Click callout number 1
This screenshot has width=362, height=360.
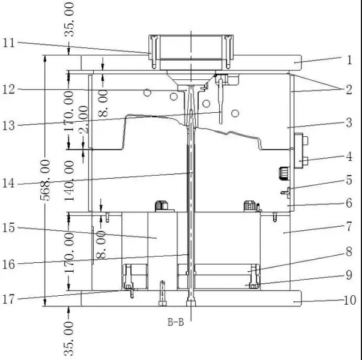coord(349,60)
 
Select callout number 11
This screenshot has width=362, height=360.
coord(9,43)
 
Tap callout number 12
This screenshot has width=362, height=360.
coord(9,90)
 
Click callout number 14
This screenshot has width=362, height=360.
coord(9,183)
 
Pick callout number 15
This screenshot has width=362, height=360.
coord(9,228)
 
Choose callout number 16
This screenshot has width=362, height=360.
coord(9,262)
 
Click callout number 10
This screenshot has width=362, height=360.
coord(348,301)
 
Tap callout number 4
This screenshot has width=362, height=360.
coord(349,158)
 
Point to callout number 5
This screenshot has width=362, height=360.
coord(349,179)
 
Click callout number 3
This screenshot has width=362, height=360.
coord(349,124)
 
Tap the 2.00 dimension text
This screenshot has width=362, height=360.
coord(83,119)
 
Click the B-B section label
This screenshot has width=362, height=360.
coord(175,322)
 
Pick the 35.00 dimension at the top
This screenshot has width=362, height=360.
coord(71,19)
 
